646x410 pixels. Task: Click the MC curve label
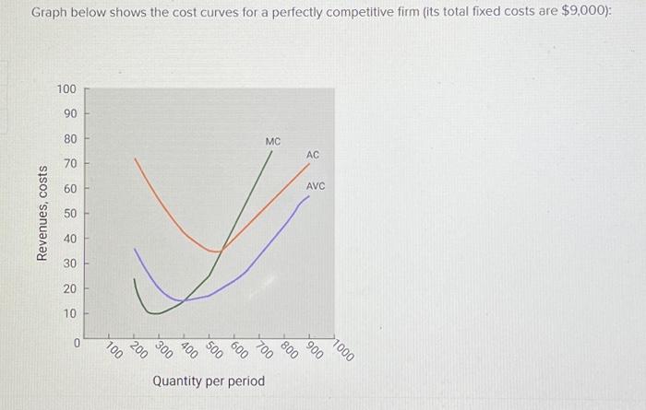pos(272,142)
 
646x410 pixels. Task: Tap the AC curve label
pos(313,155)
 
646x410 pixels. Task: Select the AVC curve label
pos(315,186)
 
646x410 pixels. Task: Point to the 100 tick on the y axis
pos(66,89)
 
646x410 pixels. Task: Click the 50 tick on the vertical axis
pos(69,214)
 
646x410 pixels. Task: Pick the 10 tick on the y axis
pos(69,313)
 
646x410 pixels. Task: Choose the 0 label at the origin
pos(78,343)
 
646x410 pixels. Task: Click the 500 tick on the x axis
pos(213,349)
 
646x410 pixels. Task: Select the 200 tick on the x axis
pos(138,349)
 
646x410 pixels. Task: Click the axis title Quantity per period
pos(209,381)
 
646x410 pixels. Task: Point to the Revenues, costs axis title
pos(42,214)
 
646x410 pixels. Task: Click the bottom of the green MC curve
pos(157,313)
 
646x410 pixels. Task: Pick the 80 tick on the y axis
pos(69,139)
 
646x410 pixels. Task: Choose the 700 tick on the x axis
pos(264,349)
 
